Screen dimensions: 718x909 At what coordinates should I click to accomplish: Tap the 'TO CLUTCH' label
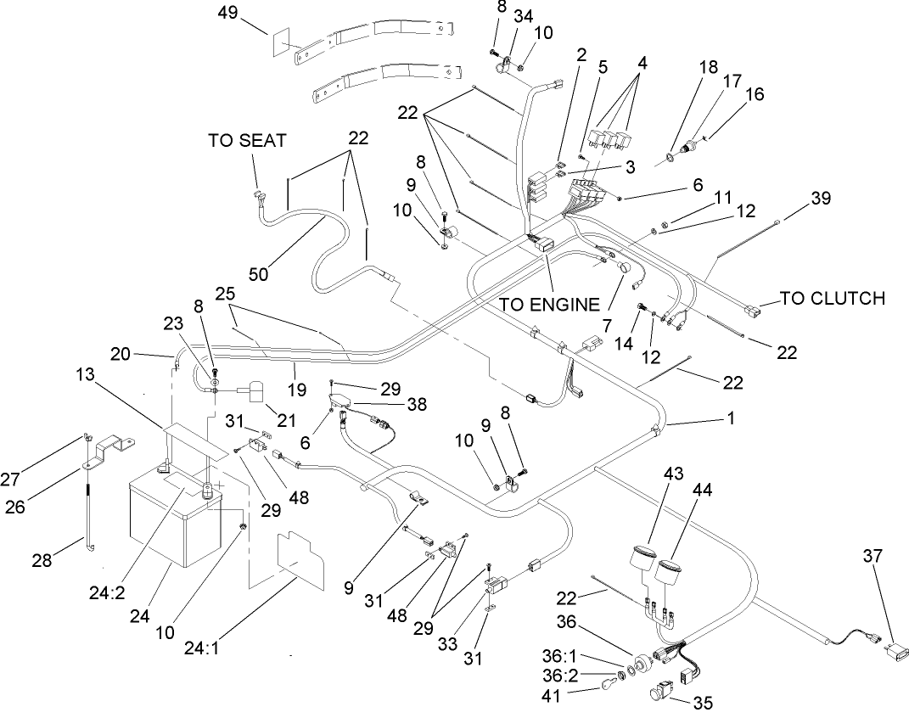(x=832, y=298)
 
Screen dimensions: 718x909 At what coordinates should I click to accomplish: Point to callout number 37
(x=872, y=556)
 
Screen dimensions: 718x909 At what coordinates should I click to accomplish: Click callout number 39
(x=820, y=198)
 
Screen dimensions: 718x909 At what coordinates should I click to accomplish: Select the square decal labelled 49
(x=282, y=45)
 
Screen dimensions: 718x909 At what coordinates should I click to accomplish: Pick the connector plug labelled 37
(x=898, y=653)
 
